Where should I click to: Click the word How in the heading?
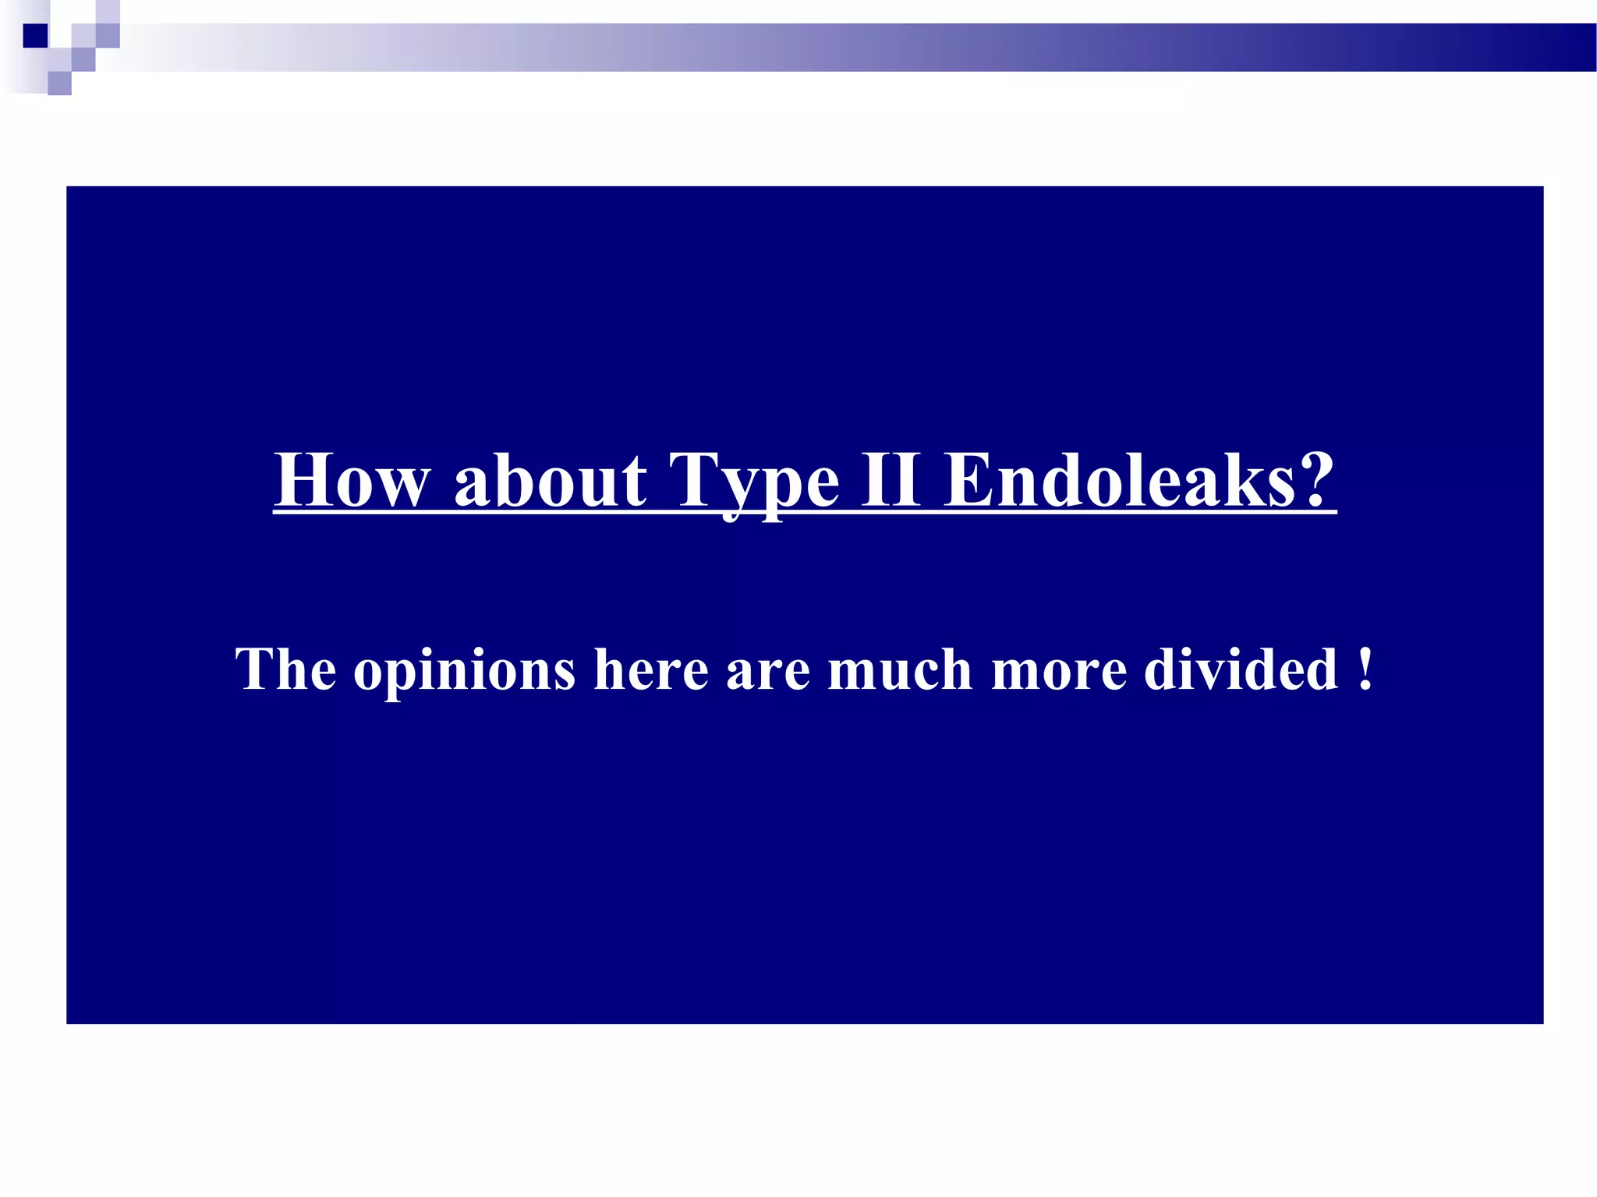352,481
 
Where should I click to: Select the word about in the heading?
551,481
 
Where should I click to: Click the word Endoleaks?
1119,481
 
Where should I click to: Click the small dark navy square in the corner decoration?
35,36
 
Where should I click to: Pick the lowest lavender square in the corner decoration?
59,83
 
